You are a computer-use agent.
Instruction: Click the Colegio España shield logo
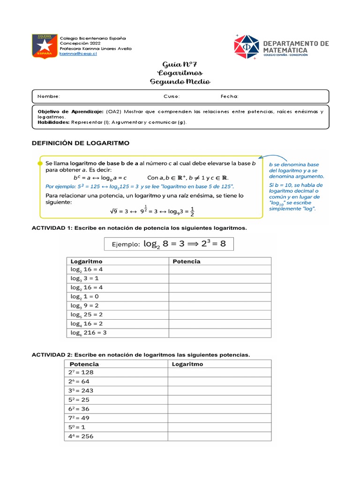[x=45, y=46]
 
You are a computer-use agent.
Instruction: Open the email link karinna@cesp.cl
[x=78, y=54]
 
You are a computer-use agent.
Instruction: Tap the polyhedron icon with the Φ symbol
[x=246, y=46]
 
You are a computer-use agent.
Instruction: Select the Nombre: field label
[x=49, y=97]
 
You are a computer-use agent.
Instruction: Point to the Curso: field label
[x=172, y=97]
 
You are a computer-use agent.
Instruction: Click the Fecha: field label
[x=230, y=97]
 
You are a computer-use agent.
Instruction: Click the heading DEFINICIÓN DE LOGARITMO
[x=80, y=142]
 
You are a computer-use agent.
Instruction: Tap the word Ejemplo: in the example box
[x=126, y=244]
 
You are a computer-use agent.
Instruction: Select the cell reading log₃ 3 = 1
[x=84, y=278]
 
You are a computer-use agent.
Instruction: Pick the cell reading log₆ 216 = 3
[x=89, y=333]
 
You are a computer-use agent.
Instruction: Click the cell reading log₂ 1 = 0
[x=84, y=297]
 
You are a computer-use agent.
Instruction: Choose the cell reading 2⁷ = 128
[x=81, y=372]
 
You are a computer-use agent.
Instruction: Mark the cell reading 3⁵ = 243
[x=81, y=390]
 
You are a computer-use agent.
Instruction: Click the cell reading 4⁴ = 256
[x=81, y=436]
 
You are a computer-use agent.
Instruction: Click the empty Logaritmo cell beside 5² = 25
[x=219, y=400]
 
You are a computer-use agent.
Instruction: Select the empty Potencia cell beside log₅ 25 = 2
[x=220, y=315]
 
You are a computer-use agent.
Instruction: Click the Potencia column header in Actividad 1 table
[x=187, y=261]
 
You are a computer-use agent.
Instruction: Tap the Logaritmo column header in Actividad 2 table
[x=187, y=364]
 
